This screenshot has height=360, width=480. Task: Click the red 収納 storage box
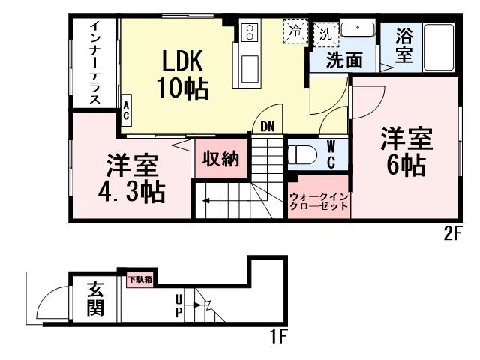coord(220,159)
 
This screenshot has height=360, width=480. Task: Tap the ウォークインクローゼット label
coord(319,201)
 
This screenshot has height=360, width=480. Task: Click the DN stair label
coord(268,127)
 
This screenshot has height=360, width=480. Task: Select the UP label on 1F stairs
coord(178,306)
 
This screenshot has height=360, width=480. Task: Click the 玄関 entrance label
coord(94,298)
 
